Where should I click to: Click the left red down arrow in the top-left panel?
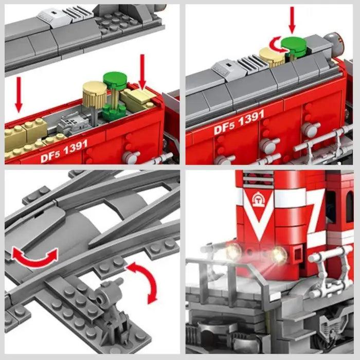19,95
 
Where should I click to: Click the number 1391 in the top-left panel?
76,148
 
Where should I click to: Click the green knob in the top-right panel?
294,45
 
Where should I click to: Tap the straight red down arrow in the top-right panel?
292,20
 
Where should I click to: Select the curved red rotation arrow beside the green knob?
277,46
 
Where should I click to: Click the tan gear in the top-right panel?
273,57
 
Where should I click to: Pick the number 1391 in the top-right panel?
251,118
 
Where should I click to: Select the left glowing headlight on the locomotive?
233,251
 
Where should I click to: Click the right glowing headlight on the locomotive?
279,255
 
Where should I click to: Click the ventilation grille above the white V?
258,179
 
